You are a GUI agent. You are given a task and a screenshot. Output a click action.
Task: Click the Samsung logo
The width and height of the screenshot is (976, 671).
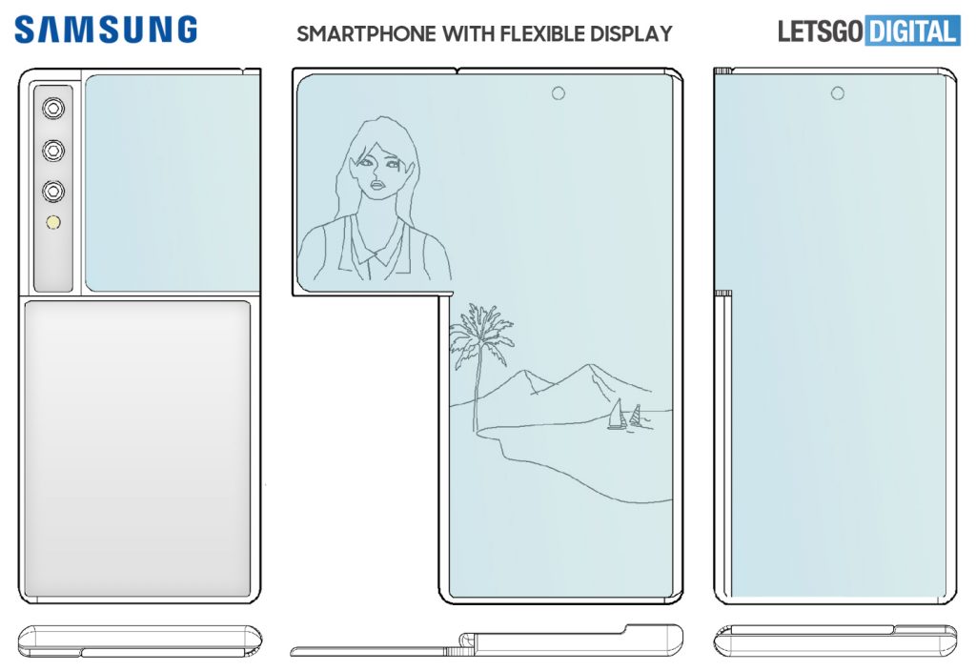pyautogui.click(x=105, y=30)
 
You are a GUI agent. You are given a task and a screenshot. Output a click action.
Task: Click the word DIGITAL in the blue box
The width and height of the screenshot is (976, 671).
pyautogui.click(x=911, y=31)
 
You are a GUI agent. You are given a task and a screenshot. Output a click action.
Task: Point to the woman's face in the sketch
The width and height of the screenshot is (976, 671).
pyautogui.click(x=378, y=172)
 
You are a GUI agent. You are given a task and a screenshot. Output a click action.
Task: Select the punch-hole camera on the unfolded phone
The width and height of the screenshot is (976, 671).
pyautogui.click(x=558, y=92)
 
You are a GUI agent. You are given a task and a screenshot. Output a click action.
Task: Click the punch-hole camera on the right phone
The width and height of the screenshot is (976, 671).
pyautogui.click(x=838, y=92)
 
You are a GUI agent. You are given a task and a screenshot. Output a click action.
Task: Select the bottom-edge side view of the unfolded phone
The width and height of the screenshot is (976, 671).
pyautogui.click(x=486, y=640)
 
